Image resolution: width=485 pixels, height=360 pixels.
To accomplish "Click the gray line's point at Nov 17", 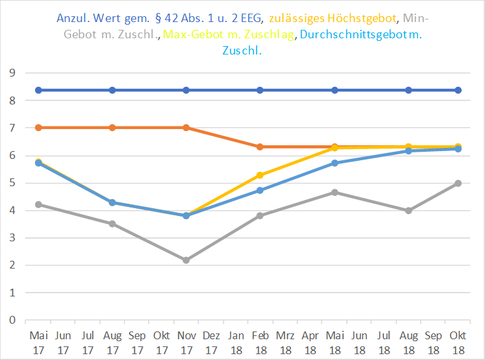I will pos(186,260).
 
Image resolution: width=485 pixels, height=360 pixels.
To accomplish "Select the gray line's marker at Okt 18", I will pos(458,183).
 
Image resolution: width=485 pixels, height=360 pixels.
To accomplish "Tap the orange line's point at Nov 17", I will pos(186,128).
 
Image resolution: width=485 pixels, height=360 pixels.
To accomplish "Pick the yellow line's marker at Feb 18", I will pos(260,175).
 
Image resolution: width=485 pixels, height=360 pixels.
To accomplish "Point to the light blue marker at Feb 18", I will pos(260,190).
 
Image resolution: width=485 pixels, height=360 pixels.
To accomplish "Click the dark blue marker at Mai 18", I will pos(335,90).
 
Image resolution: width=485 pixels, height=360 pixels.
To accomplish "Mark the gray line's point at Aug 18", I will pos(408,210).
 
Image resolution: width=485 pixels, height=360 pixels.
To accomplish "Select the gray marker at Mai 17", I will pos(38,204).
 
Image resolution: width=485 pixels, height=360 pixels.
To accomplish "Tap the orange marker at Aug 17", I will pos(112,128).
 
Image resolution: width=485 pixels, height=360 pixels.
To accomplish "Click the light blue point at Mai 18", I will pos(335,163).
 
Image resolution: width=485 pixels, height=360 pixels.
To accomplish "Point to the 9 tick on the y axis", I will pos(11,73).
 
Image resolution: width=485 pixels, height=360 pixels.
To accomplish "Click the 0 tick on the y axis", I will pos(11,320).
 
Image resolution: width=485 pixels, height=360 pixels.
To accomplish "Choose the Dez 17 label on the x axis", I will pos(211,342).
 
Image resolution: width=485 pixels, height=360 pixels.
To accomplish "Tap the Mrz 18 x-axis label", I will pos(285,342).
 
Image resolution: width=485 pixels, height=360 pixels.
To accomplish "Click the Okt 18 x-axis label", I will pos(458,342).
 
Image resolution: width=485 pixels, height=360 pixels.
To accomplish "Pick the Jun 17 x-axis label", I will pos(63,342).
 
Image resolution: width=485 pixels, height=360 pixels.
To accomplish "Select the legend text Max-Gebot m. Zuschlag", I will pos(231,34).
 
